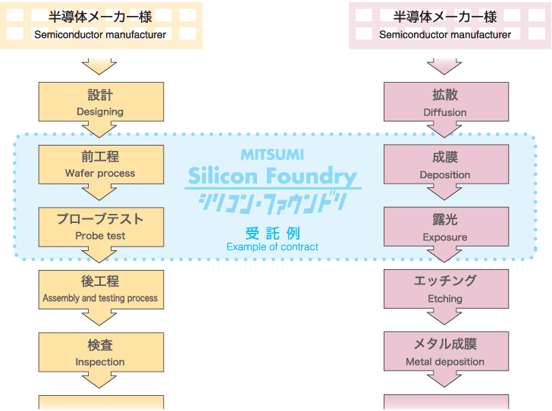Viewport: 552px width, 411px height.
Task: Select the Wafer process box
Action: [101, 164]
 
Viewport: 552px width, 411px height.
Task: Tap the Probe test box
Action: [101, 226]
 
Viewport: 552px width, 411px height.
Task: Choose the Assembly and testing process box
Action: [101, 289]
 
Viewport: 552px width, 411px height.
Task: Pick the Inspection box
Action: [101, 352]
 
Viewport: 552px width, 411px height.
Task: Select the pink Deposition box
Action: [446, 165]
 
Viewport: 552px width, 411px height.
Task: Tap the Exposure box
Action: [446, 227]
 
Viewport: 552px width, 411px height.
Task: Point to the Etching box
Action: [446, 289]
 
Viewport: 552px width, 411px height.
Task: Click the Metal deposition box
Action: [446, 352]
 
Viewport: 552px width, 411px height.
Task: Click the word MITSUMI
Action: [272, 154]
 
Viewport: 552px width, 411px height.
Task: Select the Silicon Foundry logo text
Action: [272, 177]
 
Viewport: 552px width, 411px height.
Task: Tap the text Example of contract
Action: [272, 246]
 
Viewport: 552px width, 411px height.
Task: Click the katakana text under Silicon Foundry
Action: [272, 202]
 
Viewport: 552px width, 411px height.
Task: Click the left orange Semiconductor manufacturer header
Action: [101, 24]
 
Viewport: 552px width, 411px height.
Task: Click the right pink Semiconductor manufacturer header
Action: [446, 24]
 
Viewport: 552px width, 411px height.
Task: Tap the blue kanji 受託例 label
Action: [272, 233]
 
